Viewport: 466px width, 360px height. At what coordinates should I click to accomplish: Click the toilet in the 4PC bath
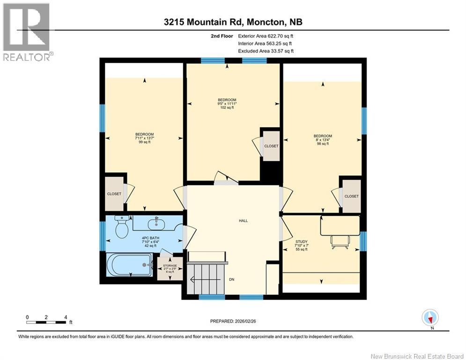pyautogui.click(x=122, y=227)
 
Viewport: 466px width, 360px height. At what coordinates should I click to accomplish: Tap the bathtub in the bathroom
pyautogui.click(x=129, y=265)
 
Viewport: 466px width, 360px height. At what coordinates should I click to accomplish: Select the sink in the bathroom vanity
pyautogui.click(x=156, y=223)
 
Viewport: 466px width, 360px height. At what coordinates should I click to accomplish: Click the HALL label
pyautogui.click(x=243, y=221)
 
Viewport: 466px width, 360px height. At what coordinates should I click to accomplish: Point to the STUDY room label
pyautogui.click(x=301, y=241)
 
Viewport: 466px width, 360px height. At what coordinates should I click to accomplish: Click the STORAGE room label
pyautogui.click(x=170, y=266)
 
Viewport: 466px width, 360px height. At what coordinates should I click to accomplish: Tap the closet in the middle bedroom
pyautogui.click(x=271, y=146)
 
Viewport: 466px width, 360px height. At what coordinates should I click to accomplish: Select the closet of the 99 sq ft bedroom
pyautogui.click(x=114, y=194)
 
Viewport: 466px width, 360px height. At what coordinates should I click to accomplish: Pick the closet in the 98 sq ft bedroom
pyautogui.click(x=351, y=196)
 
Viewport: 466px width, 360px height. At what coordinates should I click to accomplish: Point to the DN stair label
pyautogui.click(x=231, y=279)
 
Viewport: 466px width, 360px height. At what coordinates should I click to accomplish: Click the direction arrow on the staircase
pyautogui.click(x=205, y=279)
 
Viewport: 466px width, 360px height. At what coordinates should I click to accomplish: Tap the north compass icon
pyautogui.click(x=430, y=317)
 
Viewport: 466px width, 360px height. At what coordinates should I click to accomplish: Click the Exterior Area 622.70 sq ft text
pyautogui.click(x=266, y=36)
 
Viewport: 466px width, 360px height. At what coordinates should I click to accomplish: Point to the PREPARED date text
pyautogui.click(x=233, y=321)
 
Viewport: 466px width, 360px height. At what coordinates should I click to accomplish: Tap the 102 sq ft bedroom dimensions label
pyautogui.click(x=227, y=104)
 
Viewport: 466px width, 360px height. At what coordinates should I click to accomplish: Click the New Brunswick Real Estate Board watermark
pyautogui.click(x=417, y=356)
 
